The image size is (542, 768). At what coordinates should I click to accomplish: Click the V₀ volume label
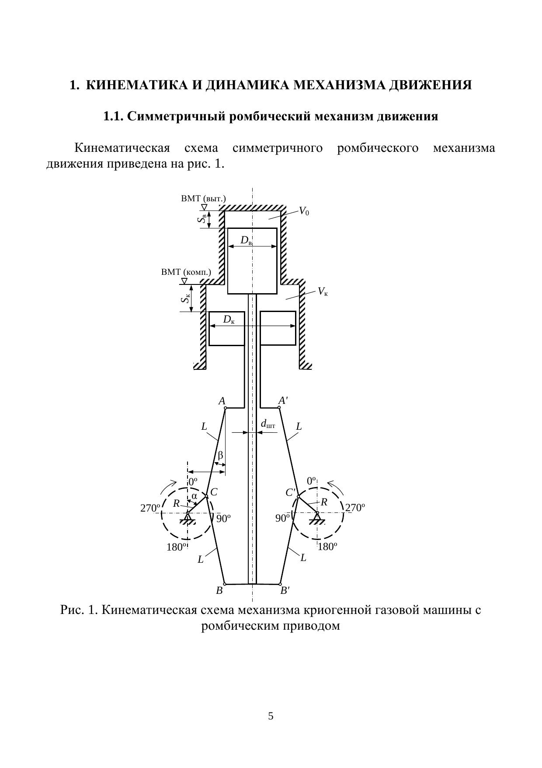[x=304, y=212]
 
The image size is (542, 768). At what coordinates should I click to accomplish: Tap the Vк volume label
[x=323, y=291]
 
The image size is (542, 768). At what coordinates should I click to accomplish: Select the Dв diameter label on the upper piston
[x=246, y=240]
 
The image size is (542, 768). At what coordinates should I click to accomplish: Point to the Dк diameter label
[x=229, y=320]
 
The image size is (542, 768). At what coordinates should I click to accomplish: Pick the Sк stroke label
[x=185, y=299]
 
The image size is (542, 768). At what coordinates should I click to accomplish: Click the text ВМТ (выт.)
[x=203, y=199]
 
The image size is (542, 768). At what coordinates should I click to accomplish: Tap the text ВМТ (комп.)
[x=186, y=272]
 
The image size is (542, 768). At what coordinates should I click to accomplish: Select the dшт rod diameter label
[x=268, y=424]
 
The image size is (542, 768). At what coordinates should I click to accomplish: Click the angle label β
[x=220, y=455]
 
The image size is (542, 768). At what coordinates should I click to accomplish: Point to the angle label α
[x=194, y=496]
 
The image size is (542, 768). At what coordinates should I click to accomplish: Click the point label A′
[x=283, y=400]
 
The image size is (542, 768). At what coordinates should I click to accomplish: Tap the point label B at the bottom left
[x=219, y=590]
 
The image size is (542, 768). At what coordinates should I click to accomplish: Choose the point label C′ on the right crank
[x=291, y=493]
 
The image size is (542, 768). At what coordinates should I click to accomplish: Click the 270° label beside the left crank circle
[x=150, y=508]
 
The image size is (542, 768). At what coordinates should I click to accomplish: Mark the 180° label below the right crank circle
[x=327, y=547]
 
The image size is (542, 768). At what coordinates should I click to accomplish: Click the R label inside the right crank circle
[x=324, y=502]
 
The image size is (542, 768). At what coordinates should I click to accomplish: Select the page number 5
[x=271, y=716]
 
